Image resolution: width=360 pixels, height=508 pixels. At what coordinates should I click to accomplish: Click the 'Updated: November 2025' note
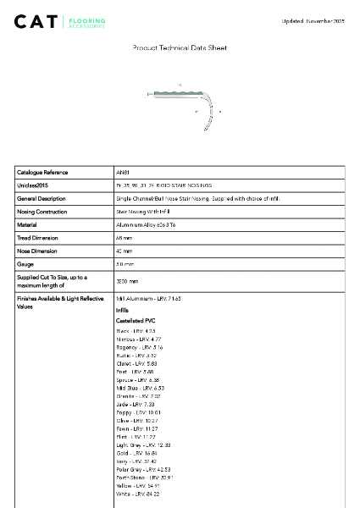[x=314, y=20]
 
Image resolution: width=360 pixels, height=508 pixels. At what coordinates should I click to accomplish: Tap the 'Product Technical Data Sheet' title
[x=180, y=48]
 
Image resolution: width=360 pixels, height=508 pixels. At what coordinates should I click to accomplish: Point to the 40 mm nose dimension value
[x=124, y=251]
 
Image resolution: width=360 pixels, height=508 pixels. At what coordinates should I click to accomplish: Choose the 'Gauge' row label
[x=25, y=264]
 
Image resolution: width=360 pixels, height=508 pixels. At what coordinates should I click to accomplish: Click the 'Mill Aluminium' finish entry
[x=148, y=300]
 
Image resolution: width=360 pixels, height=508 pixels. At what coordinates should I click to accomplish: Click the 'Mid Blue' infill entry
[x=140, y=388]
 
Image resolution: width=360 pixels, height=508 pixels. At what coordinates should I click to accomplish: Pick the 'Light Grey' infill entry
[x=143, y=444]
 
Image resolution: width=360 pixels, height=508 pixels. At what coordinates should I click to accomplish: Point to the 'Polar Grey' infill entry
[x=143, y=469]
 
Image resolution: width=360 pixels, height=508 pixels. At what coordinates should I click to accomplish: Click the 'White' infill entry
[x=137, y=494]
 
